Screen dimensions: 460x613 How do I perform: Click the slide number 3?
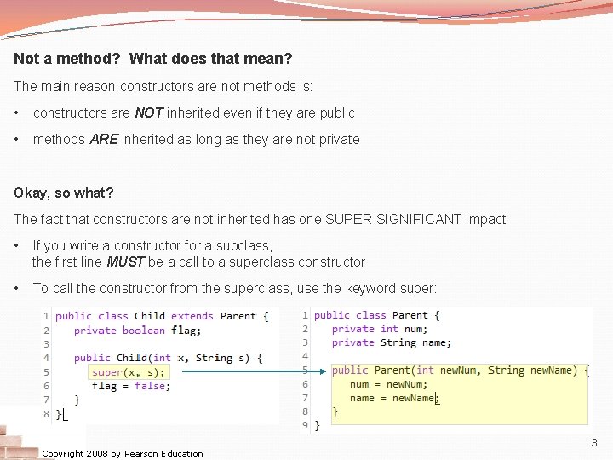tap(594, 443)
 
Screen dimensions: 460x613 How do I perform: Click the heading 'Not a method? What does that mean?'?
tap(153, 60)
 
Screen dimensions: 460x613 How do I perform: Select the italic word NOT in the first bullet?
tap(149, 112)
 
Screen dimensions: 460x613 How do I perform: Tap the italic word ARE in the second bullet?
tap(104, 139)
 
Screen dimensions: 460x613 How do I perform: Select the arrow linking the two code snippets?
tap(251, 371)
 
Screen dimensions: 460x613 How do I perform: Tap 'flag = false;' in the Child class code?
tap(130, 386)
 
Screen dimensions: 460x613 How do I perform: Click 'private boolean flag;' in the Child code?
tap(137, 331)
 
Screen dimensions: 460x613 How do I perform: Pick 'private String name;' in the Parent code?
tap(392, 342)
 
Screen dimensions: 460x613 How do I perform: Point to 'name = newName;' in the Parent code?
tap(392, 398)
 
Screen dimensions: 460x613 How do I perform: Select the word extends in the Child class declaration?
tap(192, 316)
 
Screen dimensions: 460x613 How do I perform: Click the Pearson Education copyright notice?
tap(123, 453)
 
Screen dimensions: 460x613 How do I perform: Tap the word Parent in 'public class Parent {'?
tap(410, 315)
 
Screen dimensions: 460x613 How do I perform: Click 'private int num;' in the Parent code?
tap(376, 329)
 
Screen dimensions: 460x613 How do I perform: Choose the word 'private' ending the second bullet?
tap(337, 139)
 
